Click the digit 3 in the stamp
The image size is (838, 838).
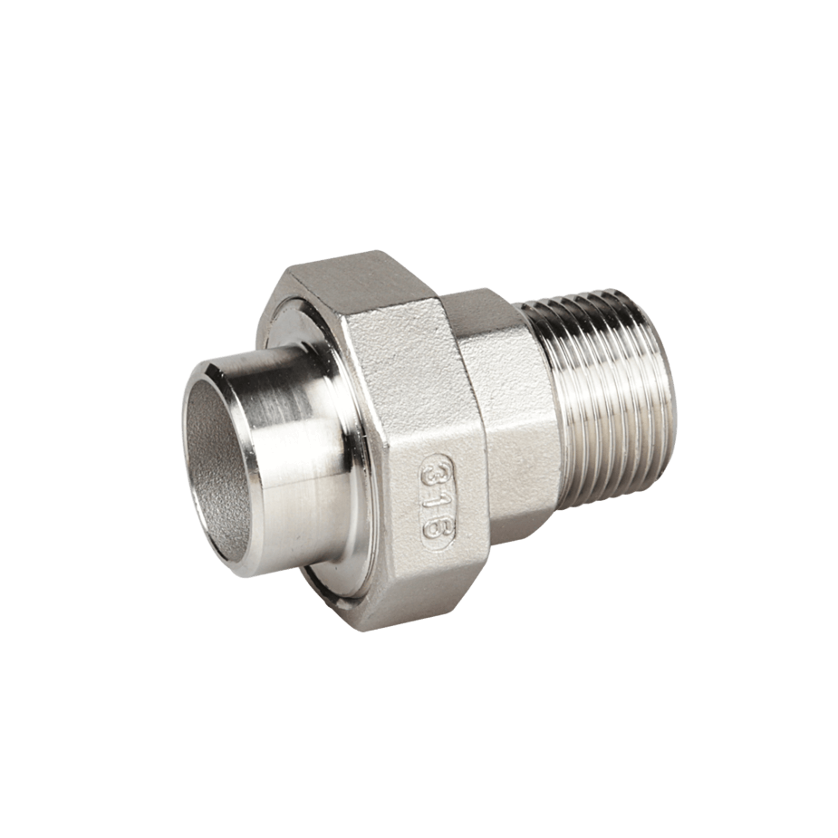433,472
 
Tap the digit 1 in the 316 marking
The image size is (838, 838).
438,499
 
